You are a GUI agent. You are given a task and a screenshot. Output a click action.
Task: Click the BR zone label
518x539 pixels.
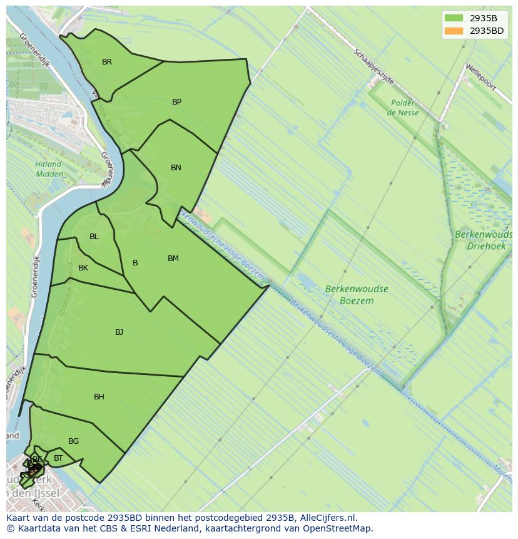pos(107,62)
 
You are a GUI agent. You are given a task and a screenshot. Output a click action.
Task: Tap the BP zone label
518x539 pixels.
pos(176,102)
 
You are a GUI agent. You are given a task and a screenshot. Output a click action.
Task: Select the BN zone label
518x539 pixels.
pos(176,168)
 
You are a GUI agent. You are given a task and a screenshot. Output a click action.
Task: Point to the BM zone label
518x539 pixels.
pos(173,259)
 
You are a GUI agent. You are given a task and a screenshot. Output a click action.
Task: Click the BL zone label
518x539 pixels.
pos(94,237)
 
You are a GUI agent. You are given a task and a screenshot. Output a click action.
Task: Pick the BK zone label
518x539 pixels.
pos(83,268)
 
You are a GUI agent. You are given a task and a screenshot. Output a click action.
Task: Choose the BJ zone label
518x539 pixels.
pos(119,332)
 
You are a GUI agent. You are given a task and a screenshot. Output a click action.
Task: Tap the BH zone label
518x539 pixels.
pos(99,397)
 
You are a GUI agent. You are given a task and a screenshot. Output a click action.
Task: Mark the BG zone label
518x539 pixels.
pos(73,441)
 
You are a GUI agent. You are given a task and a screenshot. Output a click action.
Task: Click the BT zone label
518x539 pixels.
pos(58,459)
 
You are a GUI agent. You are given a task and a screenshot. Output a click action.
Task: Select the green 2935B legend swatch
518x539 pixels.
pos(454,18)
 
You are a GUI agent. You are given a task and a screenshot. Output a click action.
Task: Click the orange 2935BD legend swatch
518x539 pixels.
pos(454,31)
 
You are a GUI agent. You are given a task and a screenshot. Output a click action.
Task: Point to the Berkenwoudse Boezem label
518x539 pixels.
pos(357,295)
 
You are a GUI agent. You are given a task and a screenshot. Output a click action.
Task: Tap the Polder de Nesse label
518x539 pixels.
pos(403,108)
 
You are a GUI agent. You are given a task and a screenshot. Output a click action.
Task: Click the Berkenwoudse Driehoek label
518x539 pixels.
pos(484,240)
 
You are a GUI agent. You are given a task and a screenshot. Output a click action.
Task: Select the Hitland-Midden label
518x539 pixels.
pos(49,169)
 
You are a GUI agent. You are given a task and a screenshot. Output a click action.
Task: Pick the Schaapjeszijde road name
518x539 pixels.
pos(373,67)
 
